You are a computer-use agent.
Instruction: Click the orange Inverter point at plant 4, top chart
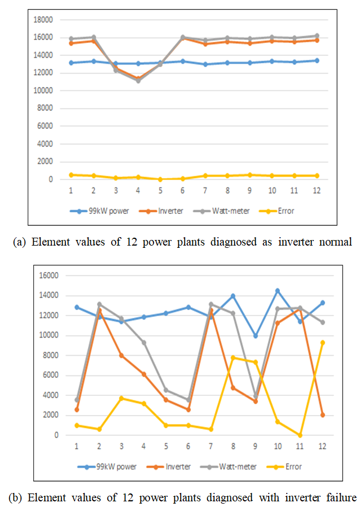[x=138, y=78]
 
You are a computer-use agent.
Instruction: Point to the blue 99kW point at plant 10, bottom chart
[x=278, y=291]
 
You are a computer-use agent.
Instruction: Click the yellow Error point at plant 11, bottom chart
[x=300, y=435]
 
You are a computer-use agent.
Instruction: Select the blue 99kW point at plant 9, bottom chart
[x=256, y=335]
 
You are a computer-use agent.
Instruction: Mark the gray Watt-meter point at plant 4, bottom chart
[x=144, y=342]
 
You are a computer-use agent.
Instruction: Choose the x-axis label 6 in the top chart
[x=182, y=191]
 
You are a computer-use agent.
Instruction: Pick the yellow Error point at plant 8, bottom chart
[x=233, y=357]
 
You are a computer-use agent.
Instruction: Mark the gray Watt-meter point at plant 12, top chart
[x=317, y=36]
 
